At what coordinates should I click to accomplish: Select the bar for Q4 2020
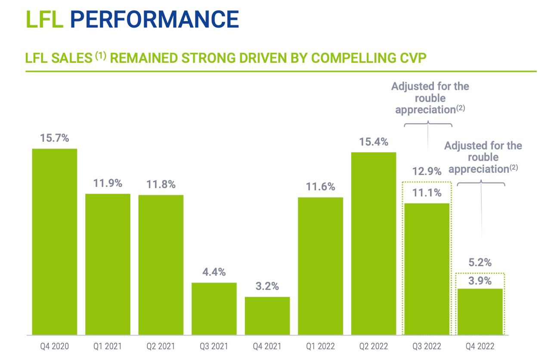55,242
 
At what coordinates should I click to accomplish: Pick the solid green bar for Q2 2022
374,243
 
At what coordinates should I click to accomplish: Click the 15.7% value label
55,139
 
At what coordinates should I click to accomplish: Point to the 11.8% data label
161,185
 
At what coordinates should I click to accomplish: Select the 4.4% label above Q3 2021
214,272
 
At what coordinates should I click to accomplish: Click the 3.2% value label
267,286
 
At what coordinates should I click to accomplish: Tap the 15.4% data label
374,142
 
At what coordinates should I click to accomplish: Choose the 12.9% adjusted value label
427,172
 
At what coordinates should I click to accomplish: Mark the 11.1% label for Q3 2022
427,193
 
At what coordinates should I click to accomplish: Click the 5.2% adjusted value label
480,263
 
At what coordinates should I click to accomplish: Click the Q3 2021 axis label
214,346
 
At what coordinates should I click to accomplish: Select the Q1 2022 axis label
320,346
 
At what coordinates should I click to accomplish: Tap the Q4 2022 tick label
480,346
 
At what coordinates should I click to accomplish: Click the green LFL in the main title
44,19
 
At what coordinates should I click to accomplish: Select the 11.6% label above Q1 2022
320,187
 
